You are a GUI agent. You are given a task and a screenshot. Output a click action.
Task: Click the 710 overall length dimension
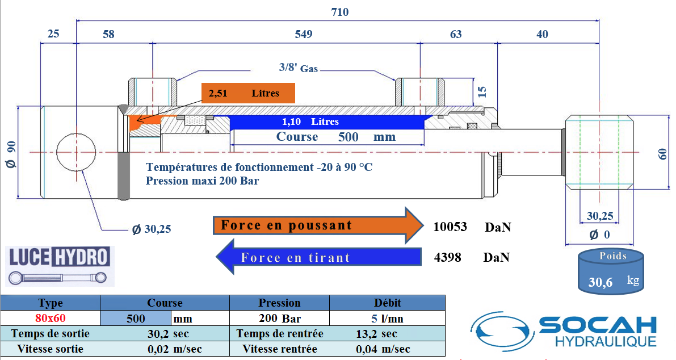coord(339,12)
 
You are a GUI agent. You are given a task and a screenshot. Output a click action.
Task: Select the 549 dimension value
coord(304,35)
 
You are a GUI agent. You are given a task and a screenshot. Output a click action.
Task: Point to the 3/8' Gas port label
coord(298,68)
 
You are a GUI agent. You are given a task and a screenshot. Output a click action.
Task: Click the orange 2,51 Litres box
coord(248,93)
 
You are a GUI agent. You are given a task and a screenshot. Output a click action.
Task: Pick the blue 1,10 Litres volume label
coord(310,122)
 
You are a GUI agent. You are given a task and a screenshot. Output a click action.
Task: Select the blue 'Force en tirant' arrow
coord(318,257)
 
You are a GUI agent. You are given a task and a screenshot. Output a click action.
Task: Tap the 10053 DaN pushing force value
coord(450,227)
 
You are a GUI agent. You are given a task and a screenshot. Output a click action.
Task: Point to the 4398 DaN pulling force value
coord(447,257)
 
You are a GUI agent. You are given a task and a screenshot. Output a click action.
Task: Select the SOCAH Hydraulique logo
coord(565,331)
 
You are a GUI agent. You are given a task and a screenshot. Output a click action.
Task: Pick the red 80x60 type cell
coord(50,318)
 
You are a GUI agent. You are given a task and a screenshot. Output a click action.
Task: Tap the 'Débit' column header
coord(387,303)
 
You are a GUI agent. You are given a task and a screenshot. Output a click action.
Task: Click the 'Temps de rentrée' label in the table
coord(280,333)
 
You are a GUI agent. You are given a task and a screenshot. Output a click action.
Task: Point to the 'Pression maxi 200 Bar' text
coord(203,181)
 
